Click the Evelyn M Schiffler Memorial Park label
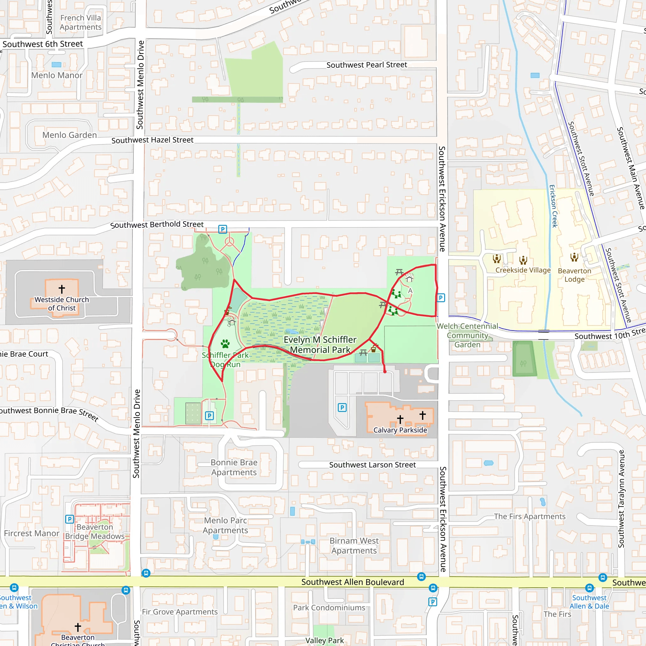point(320,345)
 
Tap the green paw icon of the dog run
point(225,344)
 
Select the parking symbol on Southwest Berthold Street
point(223,229)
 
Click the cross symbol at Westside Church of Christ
point(62,289)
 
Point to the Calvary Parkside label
point(400,430)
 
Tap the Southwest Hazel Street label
point(152,140)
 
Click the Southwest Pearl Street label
point(367,65)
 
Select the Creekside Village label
point(523,270)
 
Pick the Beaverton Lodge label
point(574,275)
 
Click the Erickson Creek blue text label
point(553,206)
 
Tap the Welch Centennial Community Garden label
point(467,335)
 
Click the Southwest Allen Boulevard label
point(352,582)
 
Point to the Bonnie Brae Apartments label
point(234,467)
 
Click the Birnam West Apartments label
point(354,545)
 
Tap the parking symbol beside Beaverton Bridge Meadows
point(69,519)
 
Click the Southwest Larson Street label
point(372,465)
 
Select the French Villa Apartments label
point(80,22)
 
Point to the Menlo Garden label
point(69,135)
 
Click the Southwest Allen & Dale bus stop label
point(589,602)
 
